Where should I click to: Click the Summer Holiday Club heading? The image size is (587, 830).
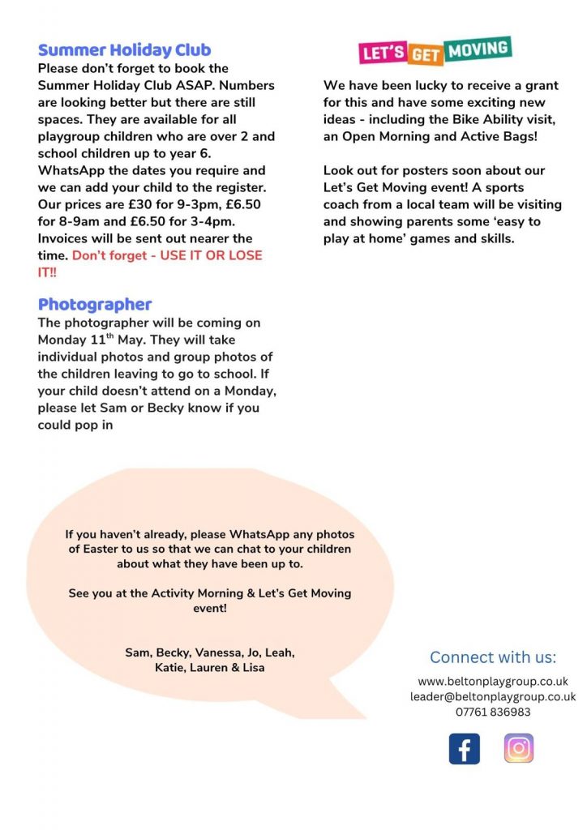tap(125, 50)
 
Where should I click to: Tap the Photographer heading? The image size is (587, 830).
tap(95, 305)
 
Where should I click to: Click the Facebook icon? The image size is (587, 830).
tap(464, 748)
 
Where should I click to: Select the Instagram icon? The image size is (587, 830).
tap(519, 748)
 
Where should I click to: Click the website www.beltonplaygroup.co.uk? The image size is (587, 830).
tap(493, 681)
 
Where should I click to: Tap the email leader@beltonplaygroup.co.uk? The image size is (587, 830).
tap(493, 696)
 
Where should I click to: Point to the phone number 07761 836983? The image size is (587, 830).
tap(493, 712)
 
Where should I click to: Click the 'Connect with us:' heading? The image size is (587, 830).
tap(493, 657)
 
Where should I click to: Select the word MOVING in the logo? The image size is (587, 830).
tap(481, 49)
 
